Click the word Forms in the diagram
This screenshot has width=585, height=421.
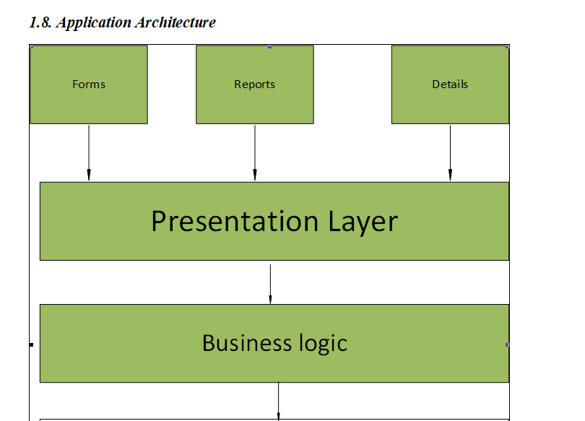[x=89, y=84]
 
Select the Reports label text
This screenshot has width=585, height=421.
[x=254, y=84]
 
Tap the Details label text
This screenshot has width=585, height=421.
[x=450, y=84]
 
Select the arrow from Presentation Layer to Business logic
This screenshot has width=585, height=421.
[x=270, y=282]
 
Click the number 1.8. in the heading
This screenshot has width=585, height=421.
[x=40, y=22]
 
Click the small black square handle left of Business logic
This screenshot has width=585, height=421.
[x=31, y=345]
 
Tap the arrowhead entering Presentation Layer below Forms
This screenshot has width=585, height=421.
[x=89, y=175]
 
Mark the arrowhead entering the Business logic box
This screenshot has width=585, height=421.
[x=270, y=299]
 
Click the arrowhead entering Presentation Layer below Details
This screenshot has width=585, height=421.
[x=450, y=175]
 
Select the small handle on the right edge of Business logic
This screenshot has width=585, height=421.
[x=507, y=345]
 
